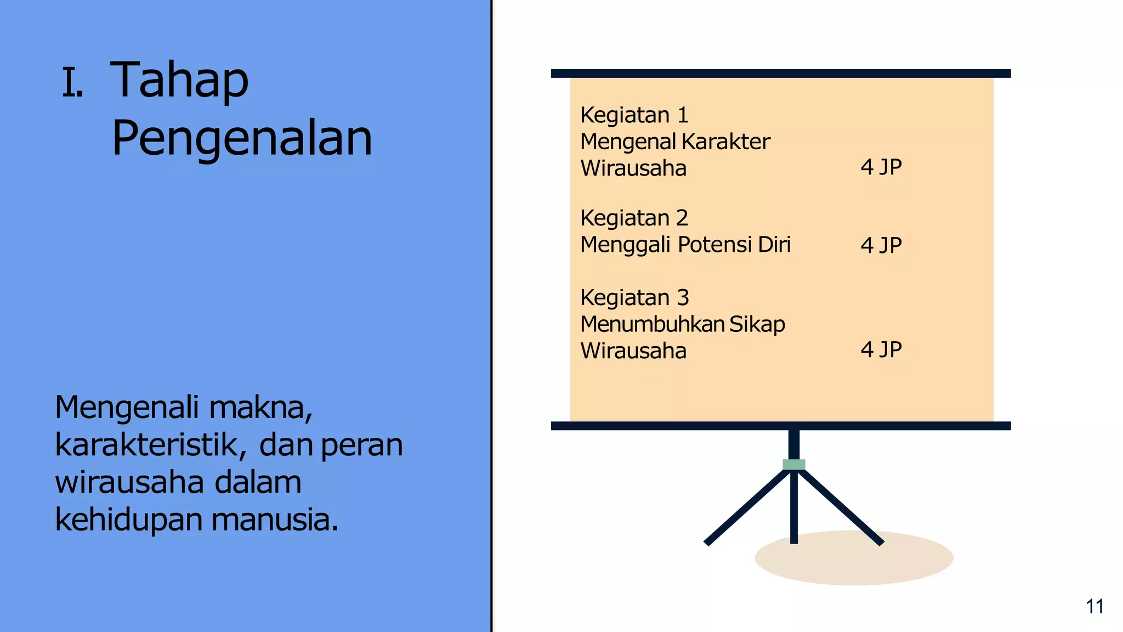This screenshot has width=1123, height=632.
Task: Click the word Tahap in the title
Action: [179, 80]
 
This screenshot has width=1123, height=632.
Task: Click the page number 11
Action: [1094, 606]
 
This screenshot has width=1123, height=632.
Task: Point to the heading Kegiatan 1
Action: [634, 115]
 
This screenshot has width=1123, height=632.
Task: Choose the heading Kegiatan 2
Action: [634, 218]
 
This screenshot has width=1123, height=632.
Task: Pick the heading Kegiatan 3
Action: [634, 298]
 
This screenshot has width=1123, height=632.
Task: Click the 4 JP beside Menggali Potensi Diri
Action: [881, 245]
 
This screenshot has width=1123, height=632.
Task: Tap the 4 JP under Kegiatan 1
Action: [881, 167]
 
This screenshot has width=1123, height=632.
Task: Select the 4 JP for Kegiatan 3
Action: [881, 349]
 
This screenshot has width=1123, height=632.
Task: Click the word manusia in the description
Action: [275, 520]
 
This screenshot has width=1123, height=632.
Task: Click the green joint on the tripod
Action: [793, 465]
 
